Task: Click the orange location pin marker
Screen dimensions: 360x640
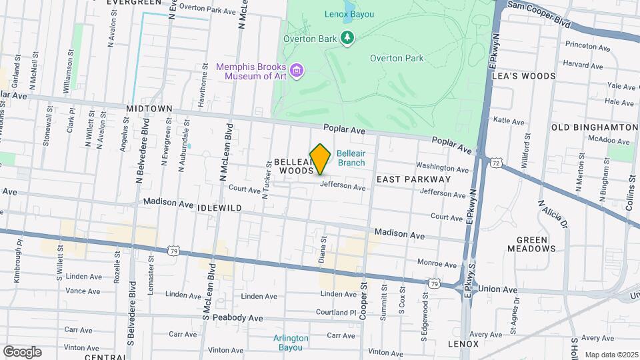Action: coord(321,159)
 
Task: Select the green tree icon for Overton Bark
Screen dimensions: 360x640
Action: coord(347,38)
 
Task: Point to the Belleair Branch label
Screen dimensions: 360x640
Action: coord(351,157)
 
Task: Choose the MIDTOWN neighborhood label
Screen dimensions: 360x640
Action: coord(149,108)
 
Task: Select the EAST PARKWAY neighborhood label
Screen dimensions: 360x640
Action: coord(413,179)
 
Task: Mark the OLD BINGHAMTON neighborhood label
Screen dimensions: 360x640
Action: coord(595,127)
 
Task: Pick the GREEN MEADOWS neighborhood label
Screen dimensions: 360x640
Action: coord(536,244)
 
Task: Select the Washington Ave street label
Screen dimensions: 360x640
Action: coord(442,167)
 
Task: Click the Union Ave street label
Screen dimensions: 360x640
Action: coord(498,290)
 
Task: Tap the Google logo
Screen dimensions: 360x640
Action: coord(22,351)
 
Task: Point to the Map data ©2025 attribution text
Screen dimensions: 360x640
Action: coord(610,355)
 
